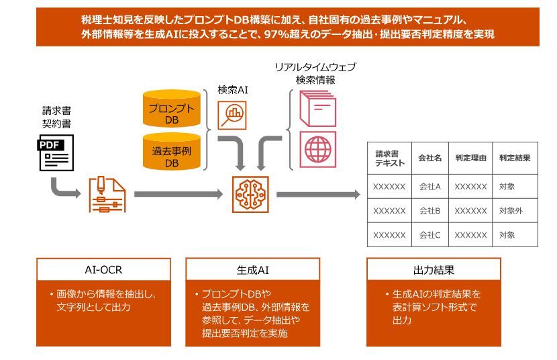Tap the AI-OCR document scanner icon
[107, 195]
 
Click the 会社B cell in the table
[429, 211]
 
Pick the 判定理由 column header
[470, 159]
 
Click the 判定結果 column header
[515, 159]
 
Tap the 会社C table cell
[429, 235]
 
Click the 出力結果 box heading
[434, 270]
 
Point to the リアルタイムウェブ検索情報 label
[315, 73]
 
